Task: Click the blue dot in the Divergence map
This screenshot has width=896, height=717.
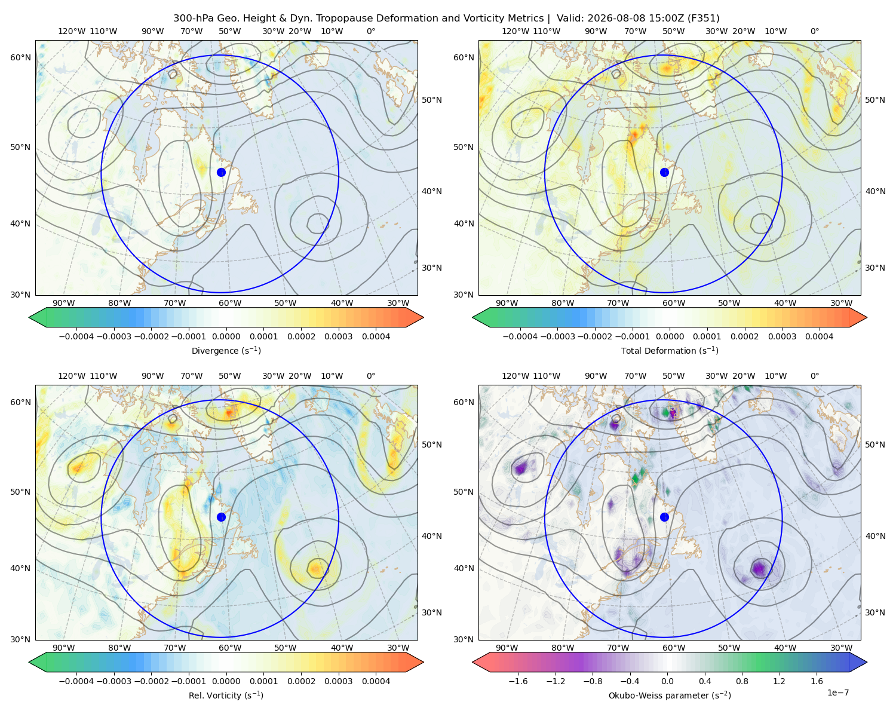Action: (x=221, y=173)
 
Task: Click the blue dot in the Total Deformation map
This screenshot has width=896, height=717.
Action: (x=664, y=173)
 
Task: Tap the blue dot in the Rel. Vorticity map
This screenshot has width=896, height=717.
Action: (x=221, y=517)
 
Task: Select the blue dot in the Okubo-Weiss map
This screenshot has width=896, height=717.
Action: (x=664, y=517)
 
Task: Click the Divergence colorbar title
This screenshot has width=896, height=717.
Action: (x=226, y=350)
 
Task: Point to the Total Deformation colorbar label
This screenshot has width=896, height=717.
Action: (x=670, y=350)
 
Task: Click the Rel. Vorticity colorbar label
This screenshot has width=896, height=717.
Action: (x=226, y=695)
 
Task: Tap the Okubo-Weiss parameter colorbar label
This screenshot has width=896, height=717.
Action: (x=670, y=695)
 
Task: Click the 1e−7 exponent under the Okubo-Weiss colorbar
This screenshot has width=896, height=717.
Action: (x=837, y=693)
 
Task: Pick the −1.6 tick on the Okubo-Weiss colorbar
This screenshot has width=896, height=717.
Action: (x=518, y=681)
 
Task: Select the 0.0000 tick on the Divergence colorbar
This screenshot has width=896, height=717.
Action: (x=226, y=336)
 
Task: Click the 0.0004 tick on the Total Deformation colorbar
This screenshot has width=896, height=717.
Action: (x=819, y=336)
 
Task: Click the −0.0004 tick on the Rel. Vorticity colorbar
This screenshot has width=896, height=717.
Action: (x=76, y=681)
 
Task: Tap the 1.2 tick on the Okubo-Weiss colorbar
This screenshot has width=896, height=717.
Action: (x=779, y=681)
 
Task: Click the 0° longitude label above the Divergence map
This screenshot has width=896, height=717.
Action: (x=371, y=31)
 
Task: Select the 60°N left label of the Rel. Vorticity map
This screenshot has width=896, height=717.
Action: (x=20, y=402)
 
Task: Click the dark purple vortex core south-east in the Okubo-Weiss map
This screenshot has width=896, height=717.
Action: (x=759, y=568)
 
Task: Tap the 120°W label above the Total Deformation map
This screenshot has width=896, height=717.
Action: (x=515, y=31)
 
